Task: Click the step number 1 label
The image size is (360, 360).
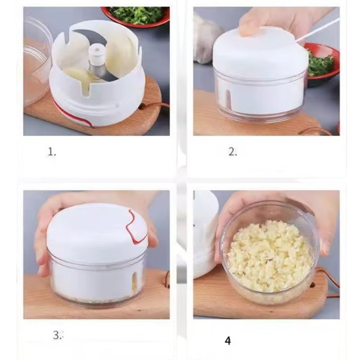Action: point(52,152)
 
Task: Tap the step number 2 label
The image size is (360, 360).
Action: point(233,152)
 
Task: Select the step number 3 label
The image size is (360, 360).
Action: point(58,335)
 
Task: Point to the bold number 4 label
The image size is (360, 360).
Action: point(228,341)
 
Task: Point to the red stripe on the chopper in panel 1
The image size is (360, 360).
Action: point(71,113)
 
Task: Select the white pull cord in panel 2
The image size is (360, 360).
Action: point(318,30)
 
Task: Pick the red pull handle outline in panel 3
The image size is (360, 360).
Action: point(136,225)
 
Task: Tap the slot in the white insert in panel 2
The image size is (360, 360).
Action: point(228,99)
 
